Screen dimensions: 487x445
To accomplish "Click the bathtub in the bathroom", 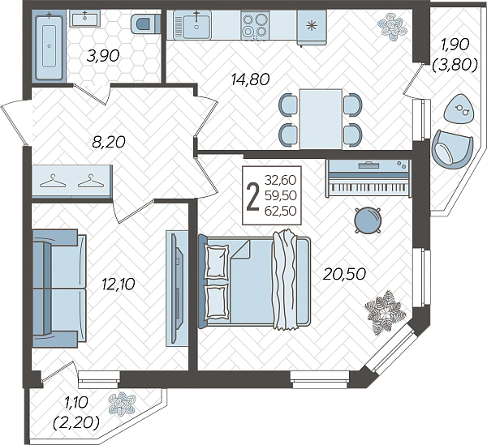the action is coord(49,46).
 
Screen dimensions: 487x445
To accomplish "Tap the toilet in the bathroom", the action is coord(145,24).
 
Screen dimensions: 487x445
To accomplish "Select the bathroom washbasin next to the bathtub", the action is coord(84,19).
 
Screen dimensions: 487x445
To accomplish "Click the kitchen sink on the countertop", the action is coord(192,25).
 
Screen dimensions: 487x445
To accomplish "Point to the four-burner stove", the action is coord(256,25).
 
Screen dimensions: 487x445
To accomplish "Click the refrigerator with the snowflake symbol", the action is coord(311,27).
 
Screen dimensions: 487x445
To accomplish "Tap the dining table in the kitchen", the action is coord(321,119).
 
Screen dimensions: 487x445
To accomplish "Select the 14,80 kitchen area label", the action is coord(250,79).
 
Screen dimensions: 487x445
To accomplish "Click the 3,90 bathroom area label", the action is coord(103,56).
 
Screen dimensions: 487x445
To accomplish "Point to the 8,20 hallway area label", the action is coord(109,142).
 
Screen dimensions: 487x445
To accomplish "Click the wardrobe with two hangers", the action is coord(72,182).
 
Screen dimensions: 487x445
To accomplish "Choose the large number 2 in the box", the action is coord(252,196).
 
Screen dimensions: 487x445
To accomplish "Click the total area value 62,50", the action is coord(281,211).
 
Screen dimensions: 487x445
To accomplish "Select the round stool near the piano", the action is coord(368,220).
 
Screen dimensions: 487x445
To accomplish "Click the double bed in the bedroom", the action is coord(255,280).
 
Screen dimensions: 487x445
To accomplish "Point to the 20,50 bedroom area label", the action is coord(344,274).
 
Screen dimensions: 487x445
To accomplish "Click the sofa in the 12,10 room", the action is coord(59,288).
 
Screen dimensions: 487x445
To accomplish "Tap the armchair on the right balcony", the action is coord(452,149).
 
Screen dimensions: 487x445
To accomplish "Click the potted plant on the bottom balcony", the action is coord(122,404).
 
